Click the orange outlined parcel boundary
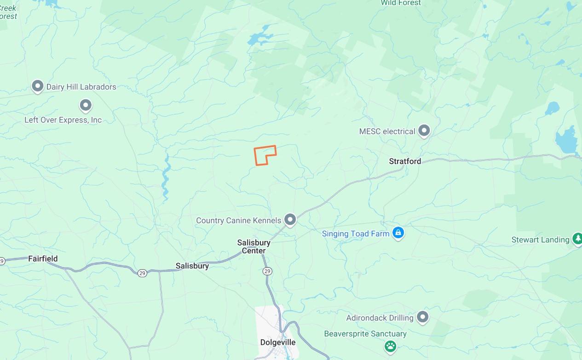(x=265, y=155)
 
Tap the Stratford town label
(x=405, y=161)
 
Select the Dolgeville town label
(x=277, y=343)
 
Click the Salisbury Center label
(x=254, y=246)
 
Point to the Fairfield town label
(x=43, y=259)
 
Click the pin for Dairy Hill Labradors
(x=37, y=86)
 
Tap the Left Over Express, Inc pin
(x=86, y=106)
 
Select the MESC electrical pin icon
(x=424, y=131)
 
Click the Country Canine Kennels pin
(x=290, y=220)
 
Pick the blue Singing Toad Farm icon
(x=398, y=233)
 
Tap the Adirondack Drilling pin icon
(x=422, y=317)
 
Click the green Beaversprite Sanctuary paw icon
(x=391, y=346)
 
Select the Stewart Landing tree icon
(x=577, y=239)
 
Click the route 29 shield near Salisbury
(x=142, y=273)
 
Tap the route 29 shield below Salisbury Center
(x=267, y=271)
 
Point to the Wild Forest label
(x=401, y=3)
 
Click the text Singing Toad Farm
(x=356, y=234)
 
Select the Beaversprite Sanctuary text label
(x=365, y=334)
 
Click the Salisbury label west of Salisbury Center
(x=192, y=266)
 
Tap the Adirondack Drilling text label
(x=380, y=318)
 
